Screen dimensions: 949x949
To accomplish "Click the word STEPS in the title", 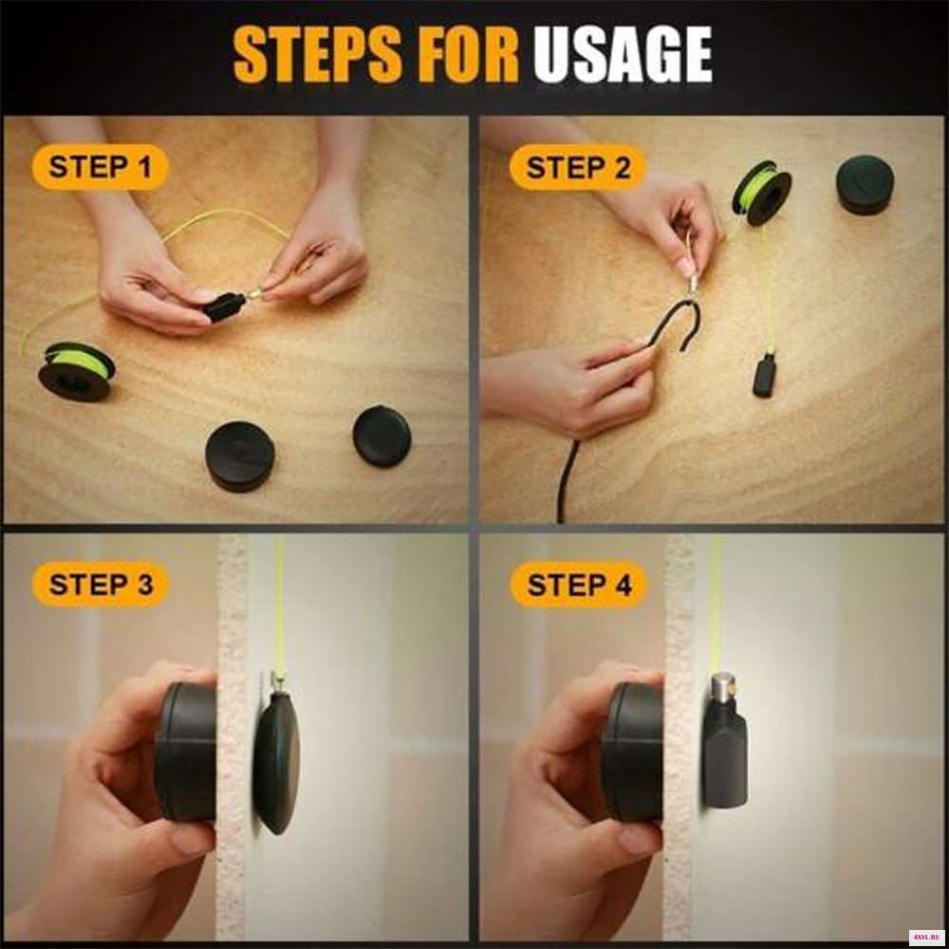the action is click(317, 54).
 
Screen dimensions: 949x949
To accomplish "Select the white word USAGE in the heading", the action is click(623, 54).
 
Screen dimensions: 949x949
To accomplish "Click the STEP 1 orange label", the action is click(100, 167).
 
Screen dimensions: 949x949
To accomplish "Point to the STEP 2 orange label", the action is click(578, 167).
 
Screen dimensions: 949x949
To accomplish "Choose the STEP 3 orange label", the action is click(101, 585).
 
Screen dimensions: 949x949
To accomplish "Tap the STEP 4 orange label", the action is click(579, 586).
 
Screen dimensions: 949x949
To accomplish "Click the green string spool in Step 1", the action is click(76, 371).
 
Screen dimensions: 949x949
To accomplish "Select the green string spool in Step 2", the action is click(762, 193).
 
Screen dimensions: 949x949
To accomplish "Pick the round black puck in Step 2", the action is click(865, 185).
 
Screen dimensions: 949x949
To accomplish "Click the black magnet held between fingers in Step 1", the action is click(225, 306).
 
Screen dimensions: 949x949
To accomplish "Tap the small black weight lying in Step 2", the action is click(764, 376).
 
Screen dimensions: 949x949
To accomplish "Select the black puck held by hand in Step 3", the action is click(185, 751).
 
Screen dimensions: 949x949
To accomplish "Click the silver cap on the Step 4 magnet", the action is click(721, 686).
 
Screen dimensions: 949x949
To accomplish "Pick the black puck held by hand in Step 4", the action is click(633, 751).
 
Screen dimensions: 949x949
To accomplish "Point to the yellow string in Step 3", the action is click(279, 605).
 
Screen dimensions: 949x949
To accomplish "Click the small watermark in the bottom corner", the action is click(926, 936).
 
